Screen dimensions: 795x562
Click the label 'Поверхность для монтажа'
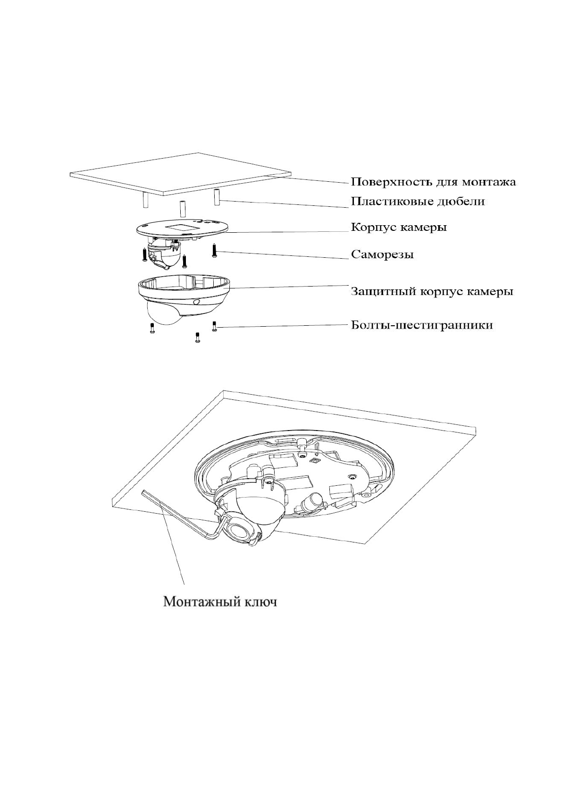click(433, 182)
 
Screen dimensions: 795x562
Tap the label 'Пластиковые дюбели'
click(417, 202)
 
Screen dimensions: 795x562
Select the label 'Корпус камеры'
click(399, 228)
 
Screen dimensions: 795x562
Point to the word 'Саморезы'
click(382, 255)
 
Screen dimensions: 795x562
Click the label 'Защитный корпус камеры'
click(431, 291)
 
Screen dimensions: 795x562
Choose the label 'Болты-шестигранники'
click(422, 325)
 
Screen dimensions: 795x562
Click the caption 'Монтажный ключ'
click(220, 603)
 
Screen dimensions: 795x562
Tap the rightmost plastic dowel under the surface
click(218, 197)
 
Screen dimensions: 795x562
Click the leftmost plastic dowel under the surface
click(146, 200)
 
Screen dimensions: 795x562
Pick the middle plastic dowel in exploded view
click(181, 208)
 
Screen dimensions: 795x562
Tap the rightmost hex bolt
click(214, 326)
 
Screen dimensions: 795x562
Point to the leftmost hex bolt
click(151, 329)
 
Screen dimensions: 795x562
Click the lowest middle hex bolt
click(197, 337)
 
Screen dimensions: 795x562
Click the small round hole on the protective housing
click(196, 301)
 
